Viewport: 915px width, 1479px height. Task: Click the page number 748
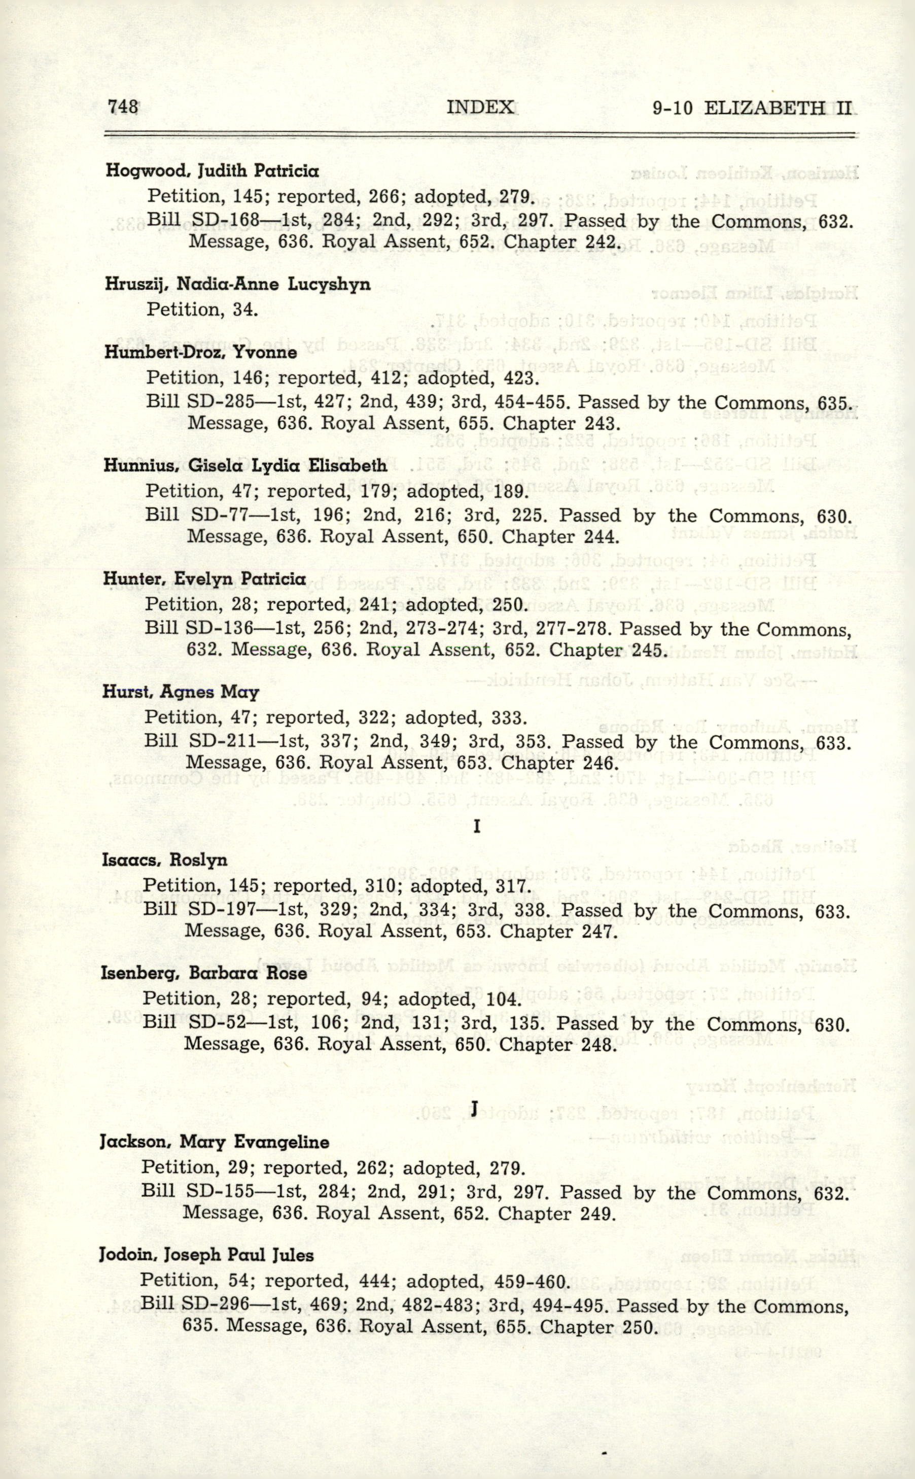point(123,107)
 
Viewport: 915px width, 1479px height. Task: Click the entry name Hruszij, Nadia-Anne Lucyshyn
point(237,285)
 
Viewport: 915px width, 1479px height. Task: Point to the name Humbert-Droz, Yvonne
point(200,352)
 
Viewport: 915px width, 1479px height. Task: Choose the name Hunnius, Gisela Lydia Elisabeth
point(245,466)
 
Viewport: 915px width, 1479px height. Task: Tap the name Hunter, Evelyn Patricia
point(204,579)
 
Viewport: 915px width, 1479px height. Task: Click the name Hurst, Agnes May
point(181,692)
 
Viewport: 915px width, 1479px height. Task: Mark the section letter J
point(475,1109)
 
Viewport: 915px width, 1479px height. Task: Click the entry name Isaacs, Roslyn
point(165,859)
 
